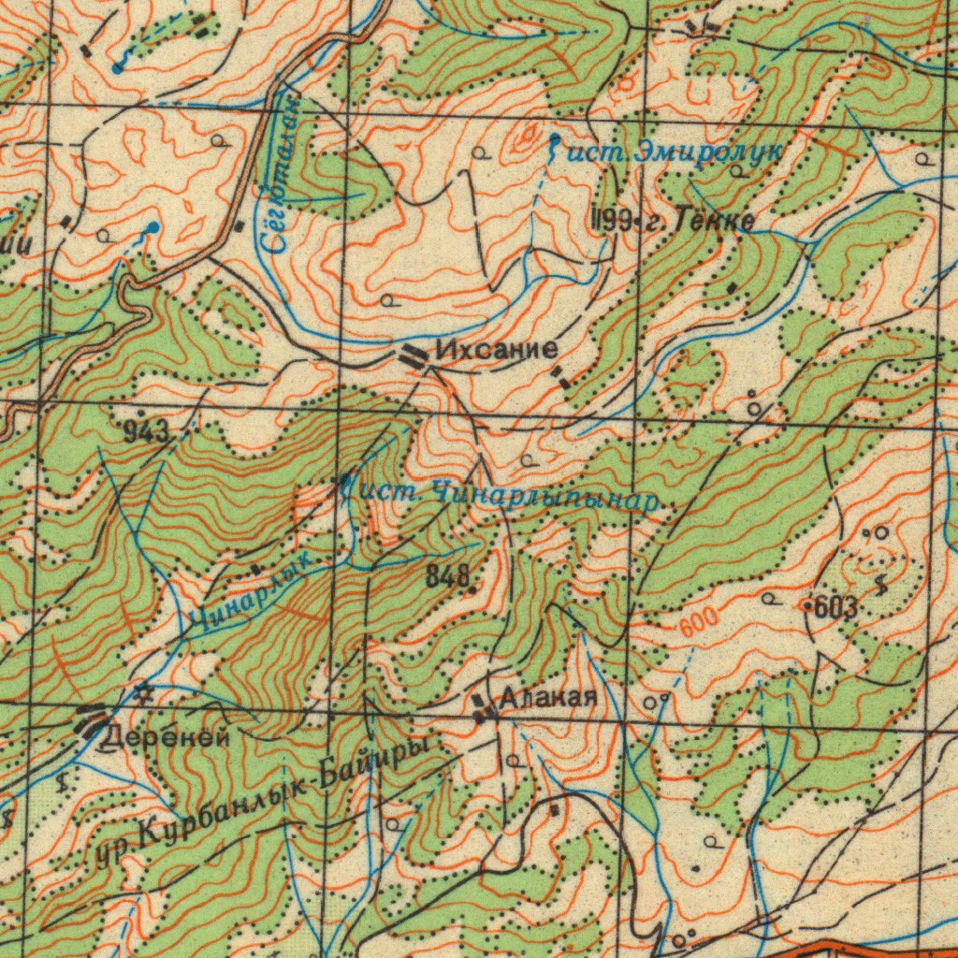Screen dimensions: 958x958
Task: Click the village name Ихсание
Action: (x=498, y=351)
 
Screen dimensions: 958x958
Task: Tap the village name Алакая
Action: (x=547, y=698)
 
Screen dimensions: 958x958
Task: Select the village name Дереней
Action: (x=164, y=735)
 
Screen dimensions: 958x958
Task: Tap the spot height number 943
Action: (x=147, y=431)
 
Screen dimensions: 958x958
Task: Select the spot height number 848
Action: (x=447, y=577)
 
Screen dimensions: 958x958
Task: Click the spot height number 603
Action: (x=835, y=607)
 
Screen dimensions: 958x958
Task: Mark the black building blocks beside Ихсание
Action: (x=414, y=355)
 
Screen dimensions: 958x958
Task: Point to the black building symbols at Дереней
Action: (x=92, y=725)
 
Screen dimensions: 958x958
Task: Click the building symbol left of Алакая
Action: (x=483, y=709)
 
